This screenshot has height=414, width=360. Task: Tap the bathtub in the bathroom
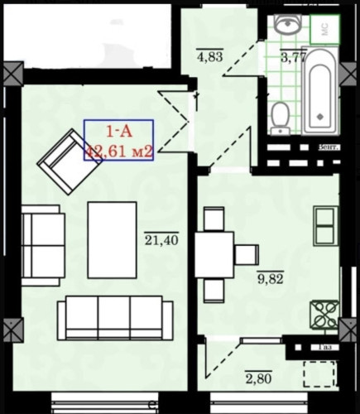tap(319, 98)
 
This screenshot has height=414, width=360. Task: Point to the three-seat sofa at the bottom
tap(115, 315)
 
